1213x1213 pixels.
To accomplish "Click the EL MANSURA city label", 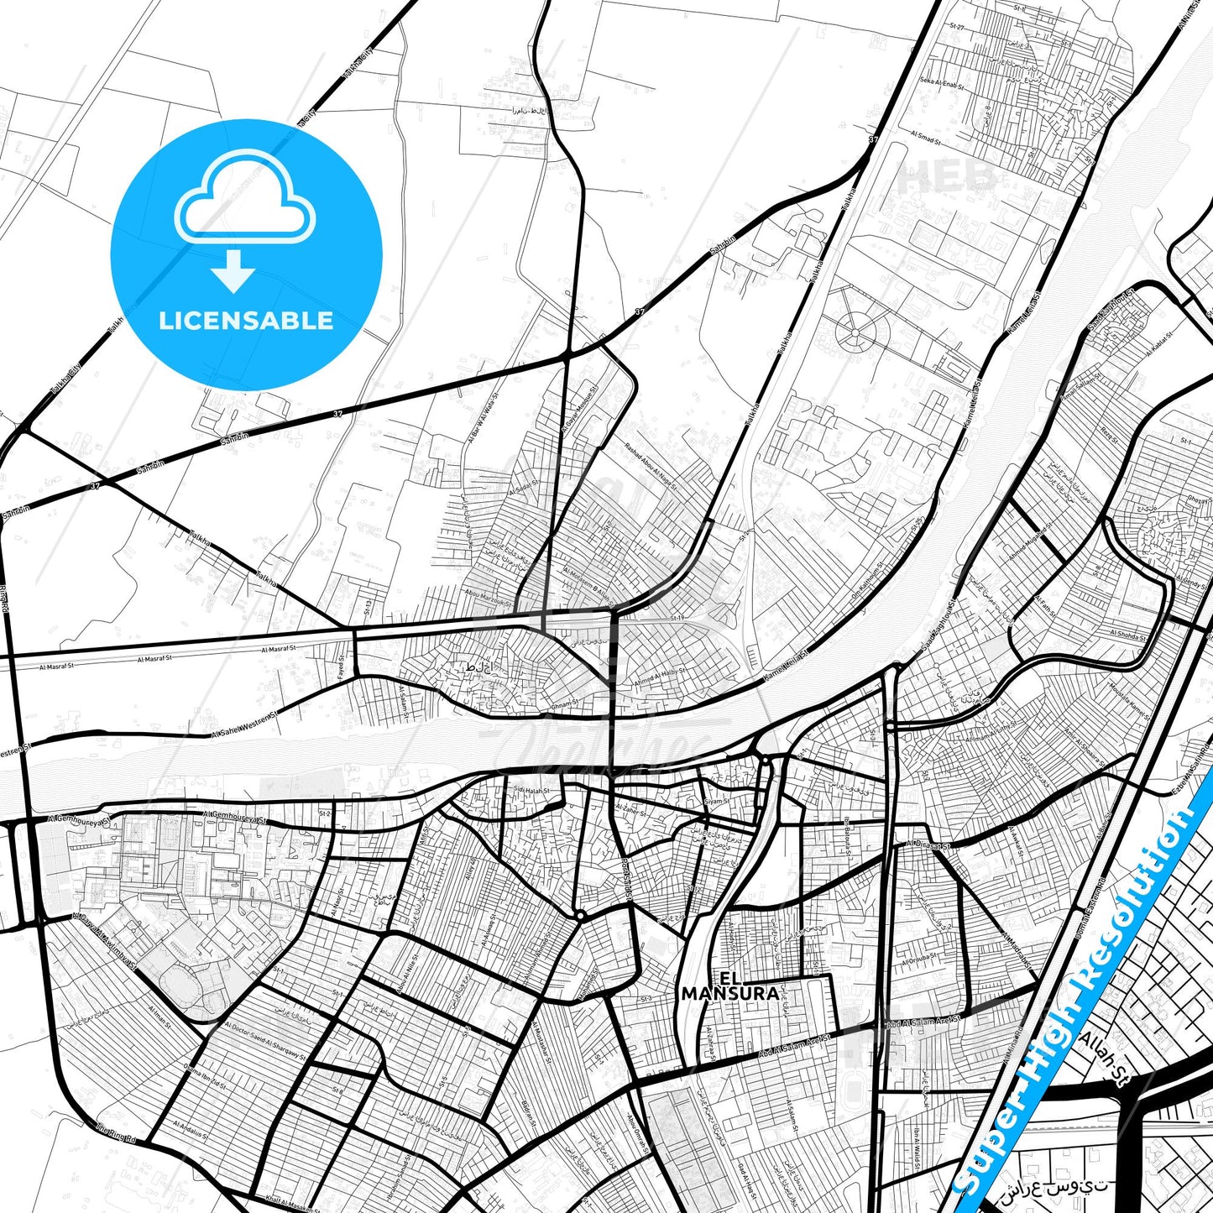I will (x=729, y=986).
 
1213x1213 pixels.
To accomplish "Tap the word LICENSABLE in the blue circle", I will (x=246, y=320).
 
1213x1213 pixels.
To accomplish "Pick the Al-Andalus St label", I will (x=189, y=1130).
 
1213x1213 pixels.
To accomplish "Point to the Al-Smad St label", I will (x=926, y=137).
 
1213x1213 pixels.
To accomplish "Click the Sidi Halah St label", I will (x=533, y=790).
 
